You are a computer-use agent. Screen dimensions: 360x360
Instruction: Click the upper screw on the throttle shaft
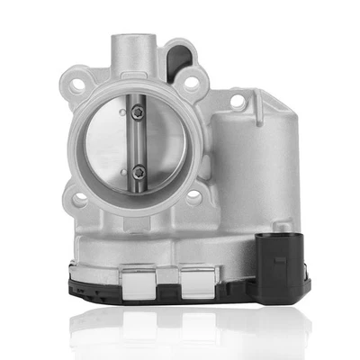pos(138,112)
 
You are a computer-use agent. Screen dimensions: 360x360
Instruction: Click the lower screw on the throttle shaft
pos(138,169)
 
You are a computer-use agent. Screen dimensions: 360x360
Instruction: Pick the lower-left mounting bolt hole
pos(79,200)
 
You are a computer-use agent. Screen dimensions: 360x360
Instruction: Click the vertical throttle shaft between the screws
pos(138,141)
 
